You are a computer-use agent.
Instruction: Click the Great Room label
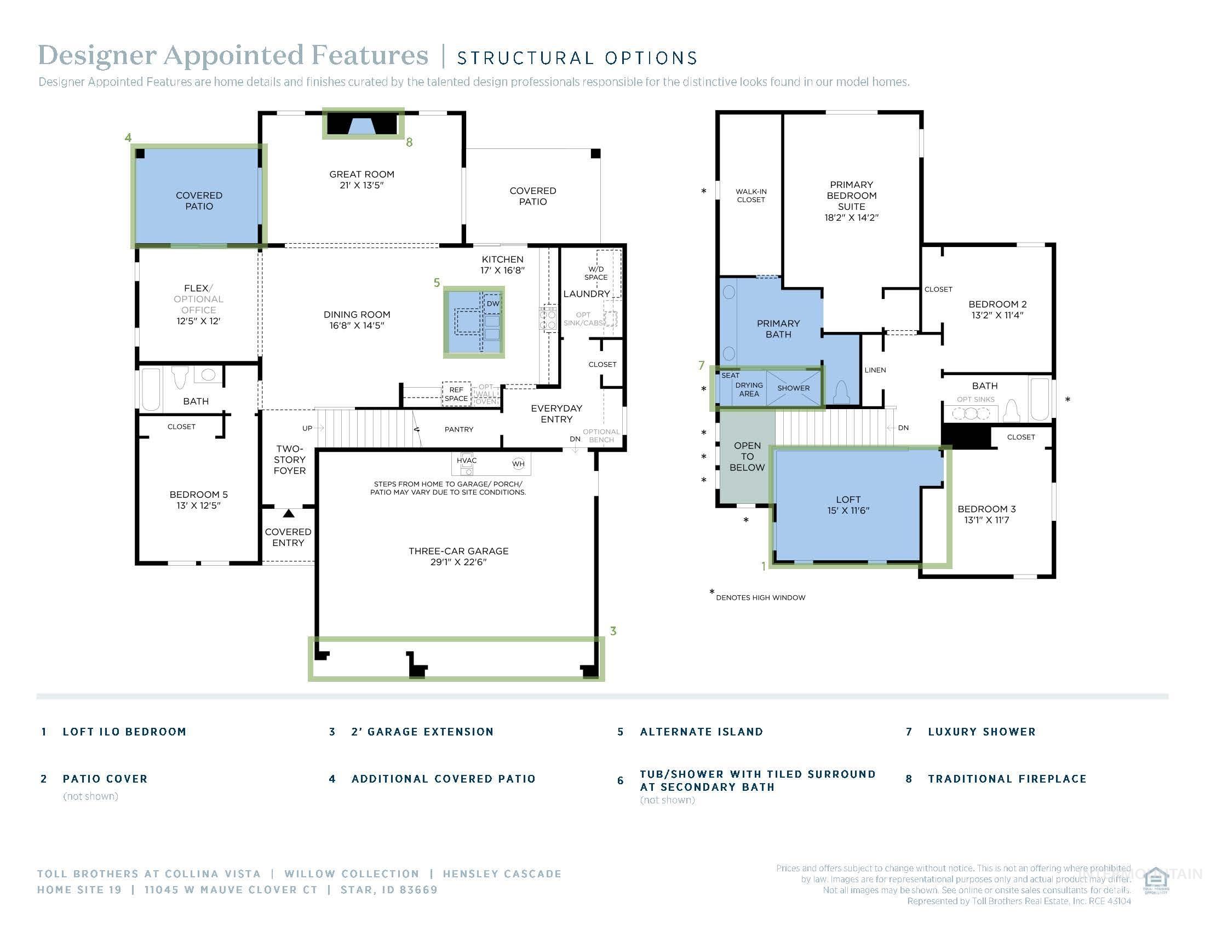pyautogui.click(x=361, y=174)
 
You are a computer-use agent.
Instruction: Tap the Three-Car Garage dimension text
pyautogui.click(x=458, y=562)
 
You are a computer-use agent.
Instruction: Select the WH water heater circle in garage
pyautogui.click(x=518, y=464)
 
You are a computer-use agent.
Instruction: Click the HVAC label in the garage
pyautogui.click(x=466, y=460)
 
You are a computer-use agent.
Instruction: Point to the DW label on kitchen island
pyautogui.click(x=493, y=304)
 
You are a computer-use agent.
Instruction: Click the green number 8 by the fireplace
pyautogui.click(x=409, y=142)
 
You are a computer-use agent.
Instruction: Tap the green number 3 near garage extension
pyautogui.click(x=613, y=630)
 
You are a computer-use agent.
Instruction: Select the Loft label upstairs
pyautogui.click(x=848, y=499)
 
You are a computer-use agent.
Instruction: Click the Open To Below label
pyautogui.click(x=747, y=456)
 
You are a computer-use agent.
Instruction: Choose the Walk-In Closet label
pyautogui.click(x=751, y=196)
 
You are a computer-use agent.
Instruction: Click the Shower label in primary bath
pyautogui.click(x=794, y=388)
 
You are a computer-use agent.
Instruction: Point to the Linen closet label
pyautogui.click(x=875, y=370)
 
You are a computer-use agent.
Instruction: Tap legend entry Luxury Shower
pyautogui.click(x=982, y=731)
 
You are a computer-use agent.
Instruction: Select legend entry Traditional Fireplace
pyautogui.click(x=1007, y=779)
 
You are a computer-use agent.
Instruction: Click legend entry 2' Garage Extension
pyautogui.click(x=422, y=731)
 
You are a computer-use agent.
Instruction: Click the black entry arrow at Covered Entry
pyautogui.click(x=289, y=514)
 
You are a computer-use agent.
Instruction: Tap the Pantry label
pyautogui.click(x=458, y=429)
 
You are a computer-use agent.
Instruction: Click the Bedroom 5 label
pyautogui.click(x=198, y=494)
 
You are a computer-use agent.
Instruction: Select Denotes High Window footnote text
pyautogui.click(x=760, y=597)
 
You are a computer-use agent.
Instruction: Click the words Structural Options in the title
pyautogui.click(x=577, y=58)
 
